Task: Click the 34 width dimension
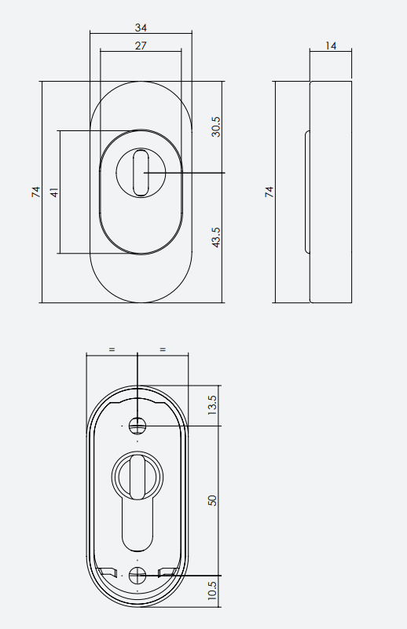click(x=141, y=27)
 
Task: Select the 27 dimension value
click(x=141, y=46)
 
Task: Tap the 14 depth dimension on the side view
click(x=331, y=46)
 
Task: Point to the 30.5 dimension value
click(x=216, y=126)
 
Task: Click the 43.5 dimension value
click(x=216, y=237)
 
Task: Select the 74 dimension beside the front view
click(x=35, y=192)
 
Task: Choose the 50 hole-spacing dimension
click(x=212, y=500)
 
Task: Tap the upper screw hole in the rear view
click(x=137, y=426)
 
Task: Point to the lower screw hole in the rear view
click(x=137, y=575)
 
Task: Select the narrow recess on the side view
click(x=307, y=192)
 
